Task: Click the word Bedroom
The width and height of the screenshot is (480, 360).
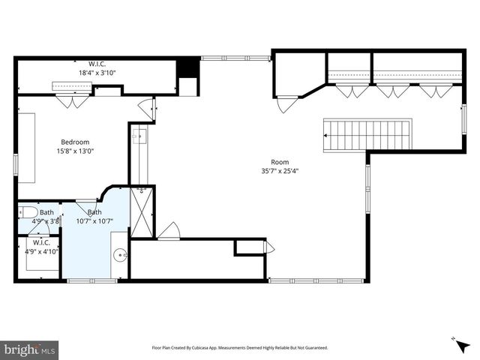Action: coord(75,142)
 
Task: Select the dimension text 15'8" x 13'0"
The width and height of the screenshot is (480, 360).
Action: coord(75,151)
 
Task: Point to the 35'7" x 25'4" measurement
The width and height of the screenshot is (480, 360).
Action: coord(280,170)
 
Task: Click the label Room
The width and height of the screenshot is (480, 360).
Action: coord(280,161)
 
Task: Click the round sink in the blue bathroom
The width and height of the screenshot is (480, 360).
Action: coord(120,255)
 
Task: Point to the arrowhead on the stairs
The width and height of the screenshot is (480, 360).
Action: coord(327,136)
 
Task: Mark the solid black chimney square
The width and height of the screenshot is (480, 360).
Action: coord(187,67)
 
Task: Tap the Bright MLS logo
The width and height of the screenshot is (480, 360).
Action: coord(30,349)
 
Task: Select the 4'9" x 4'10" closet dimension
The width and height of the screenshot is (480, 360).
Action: coord(37,251)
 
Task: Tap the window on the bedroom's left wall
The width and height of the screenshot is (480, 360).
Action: coord(16,164)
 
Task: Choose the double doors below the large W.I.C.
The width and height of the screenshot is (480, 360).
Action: coord(73,100)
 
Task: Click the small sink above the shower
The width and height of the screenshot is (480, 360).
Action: coord(139,136)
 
